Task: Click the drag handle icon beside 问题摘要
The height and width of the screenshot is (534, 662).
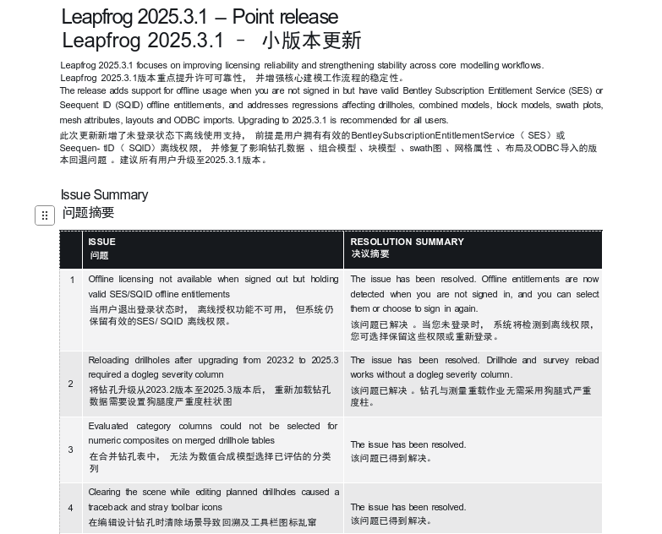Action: click(45, 215)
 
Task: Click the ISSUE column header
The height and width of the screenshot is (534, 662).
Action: click(102, 242)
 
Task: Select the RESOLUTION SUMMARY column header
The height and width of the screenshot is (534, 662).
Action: click(407, 242)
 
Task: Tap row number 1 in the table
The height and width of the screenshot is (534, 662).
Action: click(72, 280)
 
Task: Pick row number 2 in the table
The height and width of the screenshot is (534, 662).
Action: click(71, 384)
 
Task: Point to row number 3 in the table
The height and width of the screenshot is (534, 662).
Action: click(71, 450)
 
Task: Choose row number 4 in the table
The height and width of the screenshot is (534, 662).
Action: click(71, 508)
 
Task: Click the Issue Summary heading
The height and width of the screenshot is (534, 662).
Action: click(104, 195)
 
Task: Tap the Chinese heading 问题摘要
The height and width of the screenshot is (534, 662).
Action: click(88, 213)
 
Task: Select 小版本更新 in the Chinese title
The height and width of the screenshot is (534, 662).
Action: click(311, 41)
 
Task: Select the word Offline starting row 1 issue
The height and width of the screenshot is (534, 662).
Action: click(103, 279)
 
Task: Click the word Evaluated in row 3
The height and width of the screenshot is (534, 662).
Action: click(109, 426)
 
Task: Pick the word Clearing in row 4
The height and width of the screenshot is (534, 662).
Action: click(105, 492)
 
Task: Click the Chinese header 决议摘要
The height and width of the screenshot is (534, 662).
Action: click(370, 253)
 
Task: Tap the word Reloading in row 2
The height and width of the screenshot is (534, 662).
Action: click(110, 360)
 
